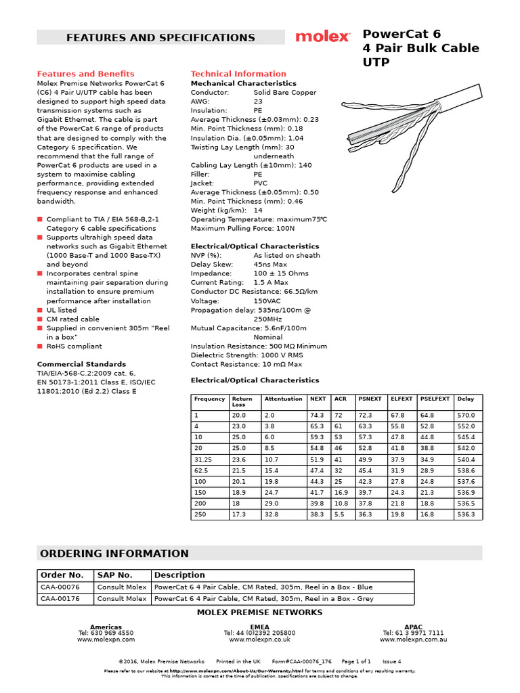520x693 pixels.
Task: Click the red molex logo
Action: coord(322,37)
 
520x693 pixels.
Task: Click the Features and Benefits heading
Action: coord(85,74)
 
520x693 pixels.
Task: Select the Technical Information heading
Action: coord(238,74)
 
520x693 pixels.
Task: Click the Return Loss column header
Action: coord(242,401)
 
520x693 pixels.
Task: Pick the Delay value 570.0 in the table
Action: coord(467,415)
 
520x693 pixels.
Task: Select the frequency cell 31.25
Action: coord(203,460)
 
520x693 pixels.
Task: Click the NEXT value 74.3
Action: coord(317,415)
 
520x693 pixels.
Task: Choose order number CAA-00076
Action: coord(60,587)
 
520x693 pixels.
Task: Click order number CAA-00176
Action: coord(60,599)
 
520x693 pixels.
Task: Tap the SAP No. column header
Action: coord(114,575)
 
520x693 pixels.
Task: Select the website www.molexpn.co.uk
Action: coord(259,639)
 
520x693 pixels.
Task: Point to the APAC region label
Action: coord(413,627)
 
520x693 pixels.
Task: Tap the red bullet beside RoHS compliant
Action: coord(40,346)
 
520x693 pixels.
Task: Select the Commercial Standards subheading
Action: coord(81,364)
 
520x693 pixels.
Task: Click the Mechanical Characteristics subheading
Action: coord(243,83)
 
